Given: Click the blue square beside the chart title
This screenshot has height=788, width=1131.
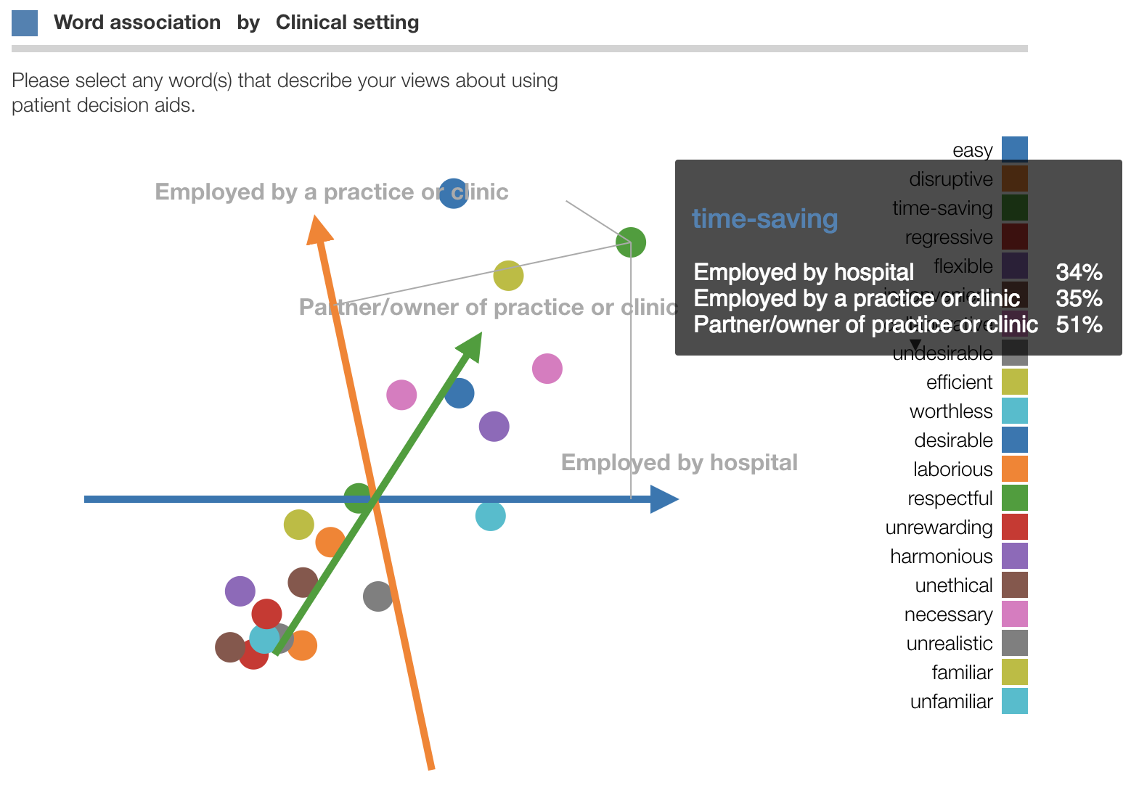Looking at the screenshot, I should tap(25, 23).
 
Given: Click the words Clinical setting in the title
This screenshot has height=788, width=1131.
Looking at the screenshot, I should tap(347, 22).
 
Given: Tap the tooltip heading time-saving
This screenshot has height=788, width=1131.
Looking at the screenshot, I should tap(764, 218).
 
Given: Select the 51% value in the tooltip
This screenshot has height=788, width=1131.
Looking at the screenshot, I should tap(1079, 324).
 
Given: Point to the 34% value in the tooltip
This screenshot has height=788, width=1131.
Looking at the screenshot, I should tap(1079, 272).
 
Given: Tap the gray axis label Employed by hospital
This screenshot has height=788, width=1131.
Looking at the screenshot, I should tap(679, 462).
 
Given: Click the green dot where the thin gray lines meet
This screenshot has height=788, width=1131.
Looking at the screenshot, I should tap(631, 242).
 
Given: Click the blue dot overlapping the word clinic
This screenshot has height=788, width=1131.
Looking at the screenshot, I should tap(454, 193).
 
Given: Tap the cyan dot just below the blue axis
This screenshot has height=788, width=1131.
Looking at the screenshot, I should tap(491, 516).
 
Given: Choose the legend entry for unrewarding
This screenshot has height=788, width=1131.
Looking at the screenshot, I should tap(939, 528).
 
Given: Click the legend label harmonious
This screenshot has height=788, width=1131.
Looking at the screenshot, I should tap(941, 557).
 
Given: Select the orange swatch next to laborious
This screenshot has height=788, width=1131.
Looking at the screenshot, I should tap(1014, 469).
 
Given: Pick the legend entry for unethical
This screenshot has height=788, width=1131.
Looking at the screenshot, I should tap(953, 586).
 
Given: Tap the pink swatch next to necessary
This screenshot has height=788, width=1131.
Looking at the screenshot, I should tap(1014, 614).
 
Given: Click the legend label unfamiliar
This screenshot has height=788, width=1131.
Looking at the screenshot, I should tap(951, 702).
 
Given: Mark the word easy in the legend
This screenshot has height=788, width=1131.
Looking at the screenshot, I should tap(972, 150).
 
